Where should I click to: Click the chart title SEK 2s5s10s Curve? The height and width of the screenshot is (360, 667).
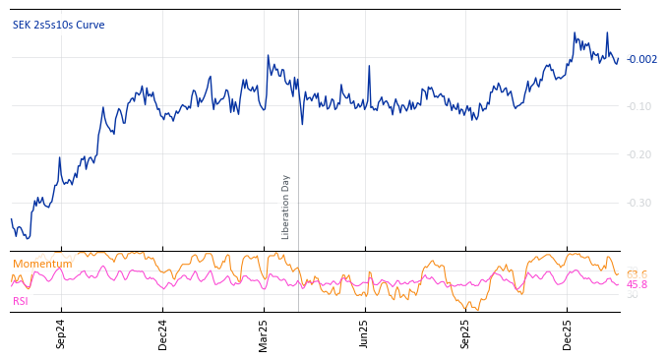pos(58,26)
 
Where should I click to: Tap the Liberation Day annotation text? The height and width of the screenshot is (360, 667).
pos(286,207)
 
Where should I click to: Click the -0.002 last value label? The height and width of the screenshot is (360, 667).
pos(642,60)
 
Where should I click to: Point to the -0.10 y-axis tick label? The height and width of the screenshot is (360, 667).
pos(638,106)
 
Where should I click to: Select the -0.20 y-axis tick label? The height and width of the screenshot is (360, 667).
pos(638,154)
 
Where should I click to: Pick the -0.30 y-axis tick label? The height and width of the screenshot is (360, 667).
pos(638,203)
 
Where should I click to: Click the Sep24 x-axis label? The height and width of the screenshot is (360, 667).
pos(61,333)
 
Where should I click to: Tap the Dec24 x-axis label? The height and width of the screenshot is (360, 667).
pos(163,333)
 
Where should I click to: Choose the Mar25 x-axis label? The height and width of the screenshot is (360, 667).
pos(264,333)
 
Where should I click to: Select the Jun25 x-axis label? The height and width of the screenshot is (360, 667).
pos(365,333)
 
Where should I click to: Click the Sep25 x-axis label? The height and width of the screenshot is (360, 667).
pos(466,333)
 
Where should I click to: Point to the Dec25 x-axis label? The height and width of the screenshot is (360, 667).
pos(568,333)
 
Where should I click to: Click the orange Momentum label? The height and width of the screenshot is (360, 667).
pos(42,265)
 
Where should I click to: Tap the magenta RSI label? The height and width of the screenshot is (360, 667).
pos(21,301)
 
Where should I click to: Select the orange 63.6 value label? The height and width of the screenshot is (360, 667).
pos(637,274)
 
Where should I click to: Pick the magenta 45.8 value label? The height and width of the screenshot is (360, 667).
pos(637,285)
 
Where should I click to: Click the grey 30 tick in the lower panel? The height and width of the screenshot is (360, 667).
pos(632,295)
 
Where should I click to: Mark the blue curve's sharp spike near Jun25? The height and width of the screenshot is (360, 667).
pos(369,66)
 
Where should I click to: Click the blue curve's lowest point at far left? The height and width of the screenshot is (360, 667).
pos(28,238)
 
